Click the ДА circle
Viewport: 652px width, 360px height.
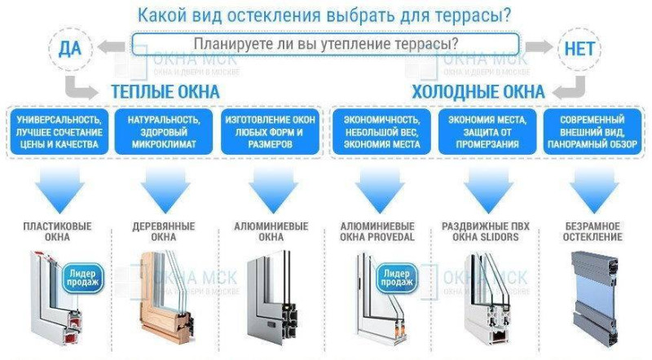click(x=70, y=50)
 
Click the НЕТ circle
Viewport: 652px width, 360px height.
click(x=579, y=50)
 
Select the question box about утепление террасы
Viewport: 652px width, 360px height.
click(x=325, y=44)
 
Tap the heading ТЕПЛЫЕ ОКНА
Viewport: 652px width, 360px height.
click(x=165, y=92)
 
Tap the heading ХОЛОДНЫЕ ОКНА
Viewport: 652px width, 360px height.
click(x=478, y=92)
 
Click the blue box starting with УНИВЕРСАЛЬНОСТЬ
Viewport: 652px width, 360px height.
click(x=59, y=132)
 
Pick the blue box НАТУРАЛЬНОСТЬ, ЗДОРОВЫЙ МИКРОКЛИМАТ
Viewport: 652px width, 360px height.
click(x=164, y=132)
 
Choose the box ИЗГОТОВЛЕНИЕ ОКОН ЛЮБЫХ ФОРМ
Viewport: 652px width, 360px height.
click(x=270, y=132)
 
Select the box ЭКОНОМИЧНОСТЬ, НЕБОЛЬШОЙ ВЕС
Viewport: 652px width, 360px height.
click(x=381, y=132)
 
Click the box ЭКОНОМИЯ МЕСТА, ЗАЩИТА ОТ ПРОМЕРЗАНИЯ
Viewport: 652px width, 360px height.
click(x=487, y=132)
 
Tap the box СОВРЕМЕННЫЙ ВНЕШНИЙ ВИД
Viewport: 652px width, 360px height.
click(x=593, y=132)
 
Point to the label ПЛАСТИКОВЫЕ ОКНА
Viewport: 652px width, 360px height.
click(x=57, y=232)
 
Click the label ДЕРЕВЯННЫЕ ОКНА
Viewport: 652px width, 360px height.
click(x=164, y=232)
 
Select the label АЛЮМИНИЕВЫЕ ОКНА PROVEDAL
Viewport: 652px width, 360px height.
click(x=377, y=232)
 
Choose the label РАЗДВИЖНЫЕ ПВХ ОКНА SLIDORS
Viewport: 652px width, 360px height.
click(x=486, y=232)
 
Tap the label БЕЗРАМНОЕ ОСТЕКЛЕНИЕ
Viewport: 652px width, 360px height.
click(x=593, y=232)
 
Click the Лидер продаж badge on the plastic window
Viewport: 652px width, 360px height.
click(x=82, y=278)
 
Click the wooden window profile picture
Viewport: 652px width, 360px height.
click(x=166, y=296)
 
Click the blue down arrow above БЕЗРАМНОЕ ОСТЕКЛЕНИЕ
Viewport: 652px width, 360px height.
click(x=594, y=190)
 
